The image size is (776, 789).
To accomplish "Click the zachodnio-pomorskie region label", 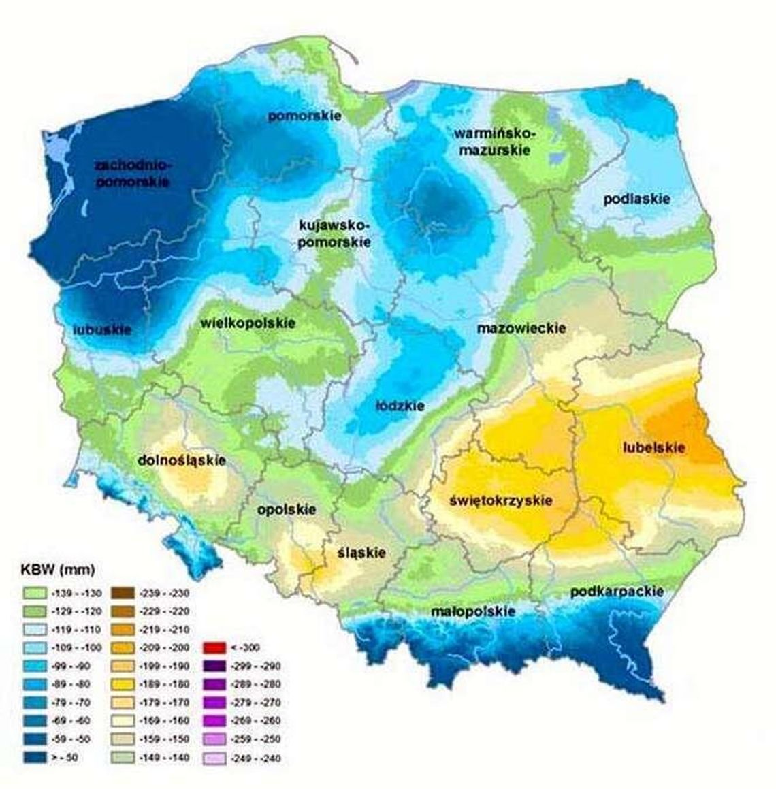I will click(x=133, y=174).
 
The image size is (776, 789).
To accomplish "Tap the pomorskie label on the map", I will click(x=304, y=116).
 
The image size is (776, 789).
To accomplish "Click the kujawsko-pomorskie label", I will click(x=334, y=233).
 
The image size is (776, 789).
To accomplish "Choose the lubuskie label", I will click(x=102, y=330).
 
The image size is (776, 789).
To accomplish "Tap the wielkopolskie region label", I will click(x=248, y=322).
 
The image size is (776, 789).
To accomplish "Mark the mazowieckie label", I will click(x=521, y=328).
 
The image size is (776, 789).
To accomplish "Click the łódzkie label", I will click(x=400, y=406).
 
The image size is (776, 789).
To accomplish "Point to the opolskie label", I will click(x=286, y=509).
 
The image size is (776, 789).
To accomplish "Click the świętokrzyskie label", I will click(x=501, y=501).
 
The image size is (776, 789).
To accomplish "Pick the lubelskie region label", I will click(x=654, y=447).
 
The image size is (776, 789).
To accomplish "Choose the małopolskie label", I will click(x=473, y=612).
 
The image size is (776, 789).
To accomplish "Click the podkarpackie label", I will click(x=617, y=592).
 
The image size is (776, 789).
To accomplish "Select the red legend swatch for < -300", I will click(x=215, y=647).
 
